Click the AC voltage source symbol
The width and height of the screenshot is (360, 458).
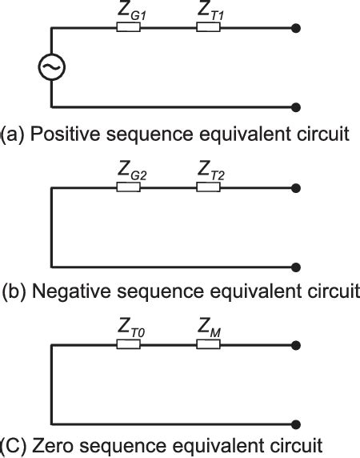[52, 68]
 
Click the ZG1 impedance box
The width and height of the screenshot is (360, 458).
[128, 28]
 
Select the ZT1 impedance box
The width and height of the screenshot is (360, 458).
[208, 28]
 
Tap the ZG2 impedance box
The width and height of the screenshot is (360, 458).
[128, 187]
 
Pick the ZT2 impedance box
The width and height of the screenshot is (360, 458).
[208, 187]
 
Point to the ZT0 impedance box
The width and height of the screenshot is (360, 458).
[128, 345]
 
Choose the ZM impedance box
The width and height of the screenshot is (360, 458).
[208, 345]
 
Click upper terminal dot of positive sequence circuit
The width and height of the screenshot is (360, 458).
[298, 28]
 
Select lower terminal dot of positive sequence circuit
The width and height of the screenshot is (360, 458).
[298, 106]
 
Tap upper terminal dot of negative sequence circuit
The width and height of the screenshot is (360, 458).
[298, 187]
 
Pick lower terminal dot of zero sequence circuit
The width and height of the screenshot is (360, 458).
[298, 424]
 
